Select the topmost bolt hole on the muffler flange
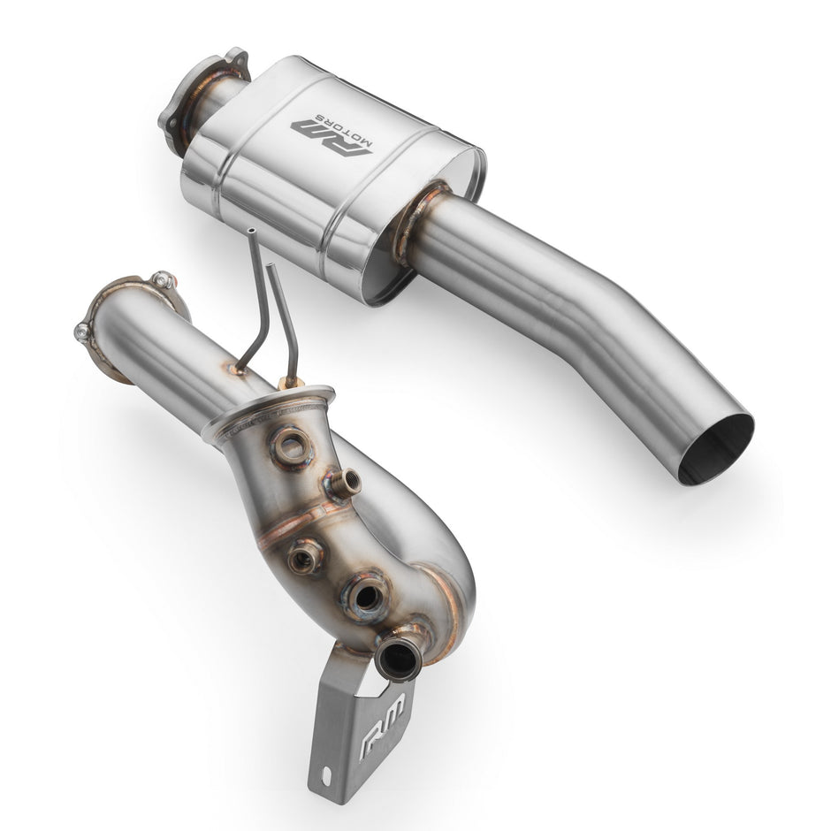tap(234, 54)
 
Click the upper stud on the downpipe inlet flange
tap(160, 279)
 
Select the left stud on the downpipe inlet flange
tap(82, 332)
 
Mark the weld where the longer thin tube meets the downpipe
tap(237, 368)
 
